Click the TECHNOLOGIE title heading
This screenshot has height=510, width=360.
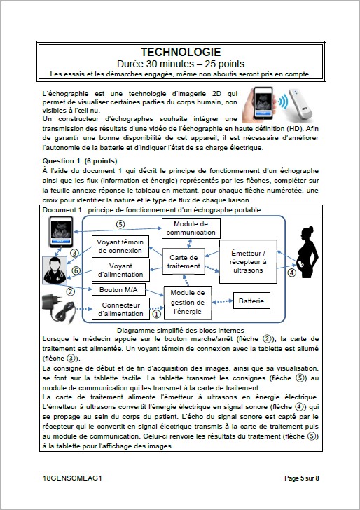180,52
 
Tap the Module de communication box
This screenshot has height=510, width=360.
190,228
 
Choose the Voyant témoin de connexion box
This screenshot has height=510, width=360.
120,246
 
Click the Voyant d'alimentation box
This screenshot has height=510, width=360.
120,270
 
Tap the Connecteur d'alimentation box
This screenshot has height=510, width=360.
120,308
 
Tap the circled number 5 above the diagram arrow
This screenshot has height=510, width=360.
120,224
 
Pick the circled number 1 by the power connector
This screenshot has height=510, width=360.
156,314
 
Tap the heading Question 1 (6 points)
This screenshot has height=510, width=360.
77,160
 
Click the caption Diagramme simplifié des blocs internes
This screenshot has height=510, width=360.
180,330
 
